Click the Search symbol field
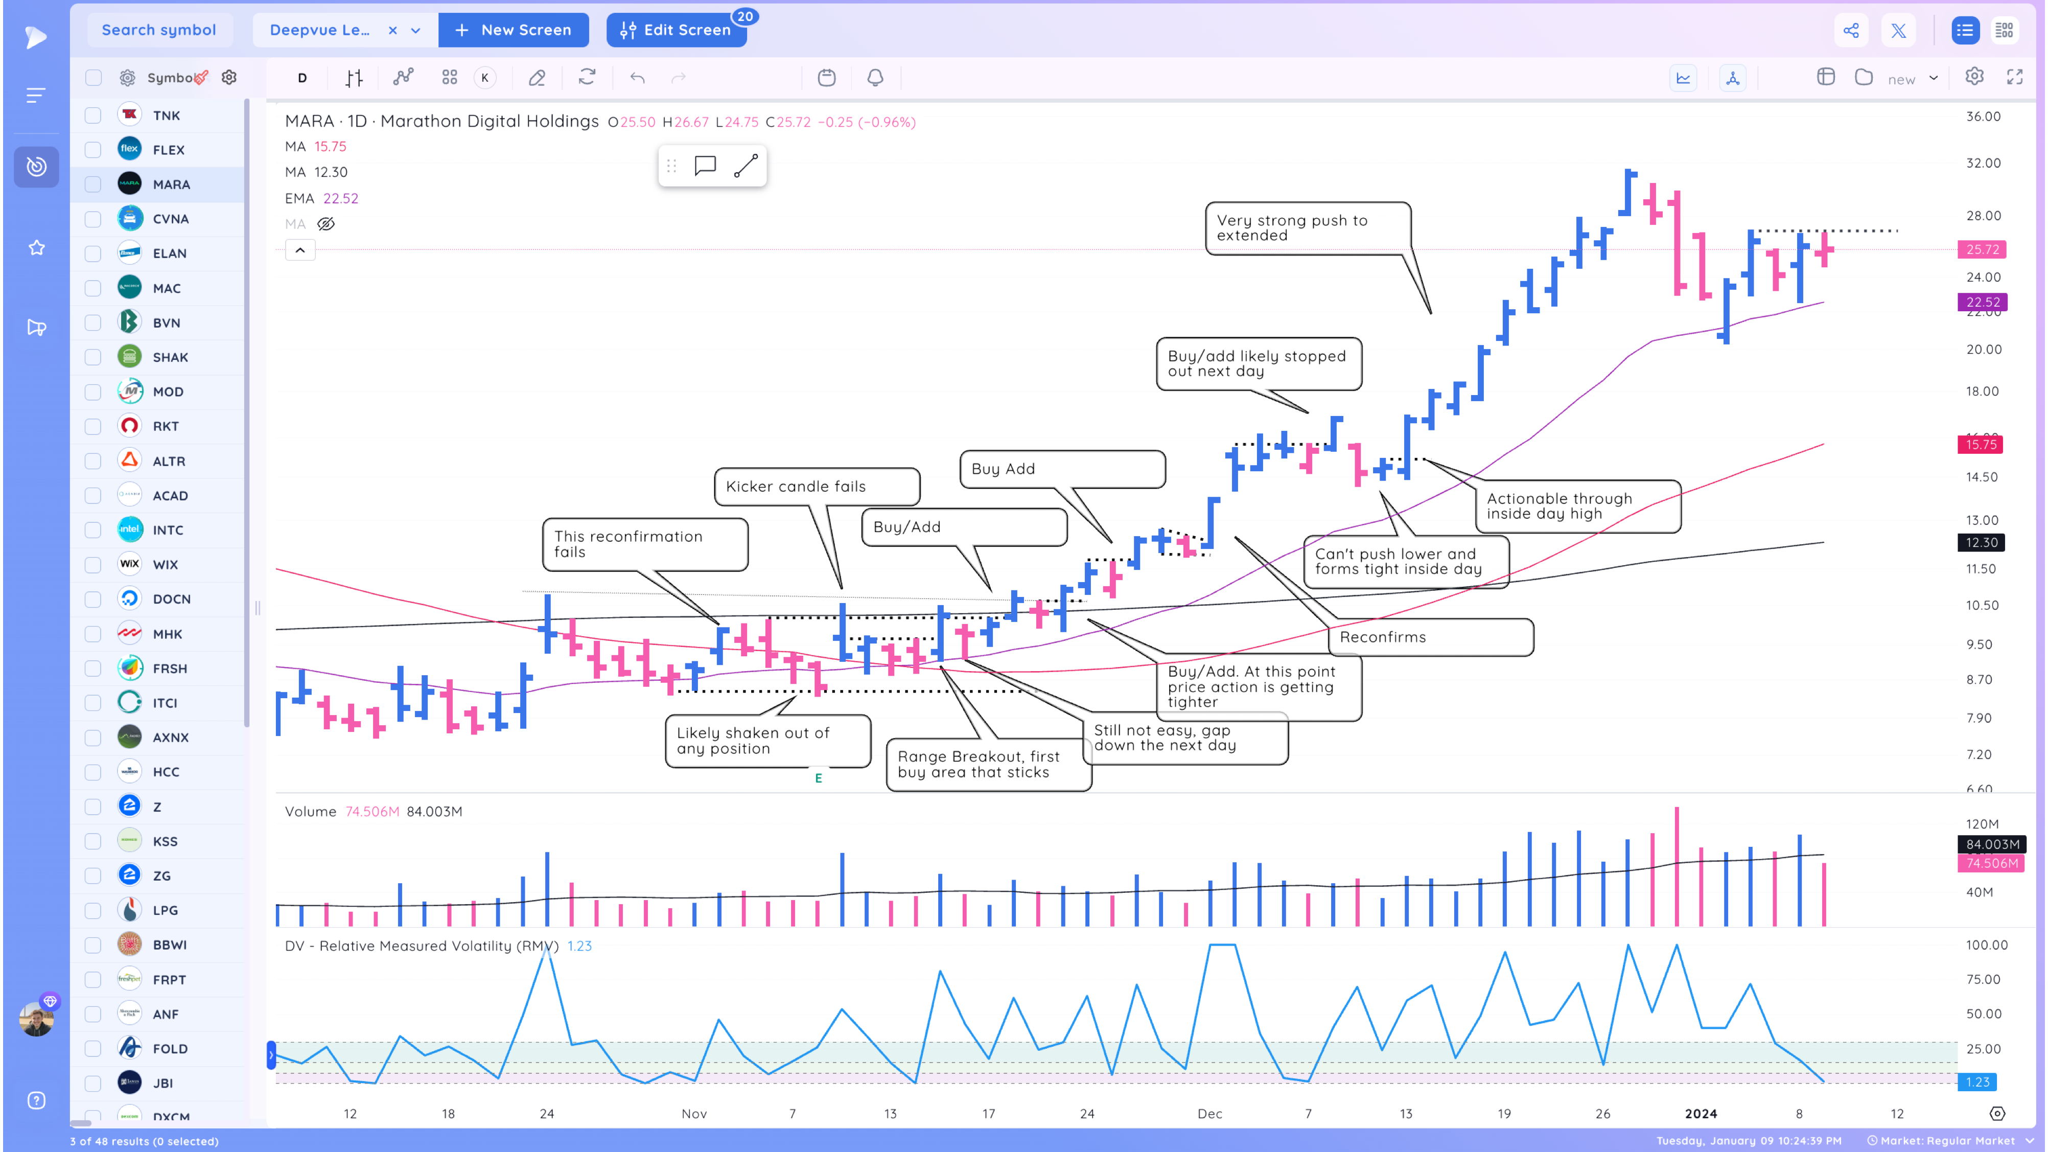(x=159, y=30)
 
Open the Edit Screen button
(x=676, y=30)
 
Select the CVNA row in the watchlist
(x=170, y=219)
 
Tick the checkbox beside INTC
(x=93, y=531)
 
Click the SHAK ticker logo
(x=130, y=357)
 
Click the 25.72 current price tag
(x=1982, y=249)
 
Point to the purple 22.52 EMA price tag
(x=1982, y=302)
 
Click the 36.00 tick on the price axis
(x=1983, y=116)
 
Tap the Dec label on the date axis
(x=1209, y=1114)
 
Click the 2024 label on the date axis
(x=1701, y=1114)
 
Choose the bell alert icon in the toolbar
(x=874, y=78)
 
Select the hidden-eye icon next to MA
(x=326, y=224)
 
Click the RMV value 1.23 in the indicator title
(x=579, y=946)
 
